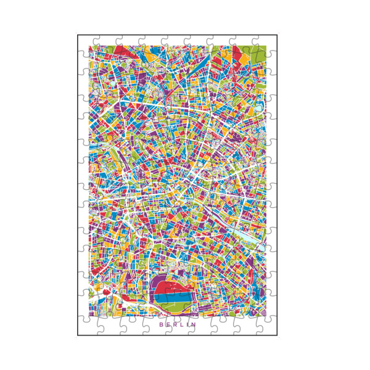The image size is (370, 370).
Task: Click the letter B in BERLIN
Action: tap(161, 324)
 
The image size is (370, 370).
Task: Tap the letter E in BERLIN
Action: tap(168, 324)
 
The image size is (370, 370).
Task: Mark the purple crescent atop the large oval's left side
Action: tap(157, 282)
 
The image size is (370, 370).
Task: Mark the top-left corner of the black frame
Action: tap(78, 35)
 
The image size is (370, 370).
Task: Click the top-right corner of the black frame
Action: tap(277, 35)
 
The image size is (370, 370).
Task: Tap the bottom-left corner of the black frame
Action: tap(78, 335)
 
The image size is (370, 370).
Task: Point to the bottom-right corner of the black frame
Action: tap(277, 335)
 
